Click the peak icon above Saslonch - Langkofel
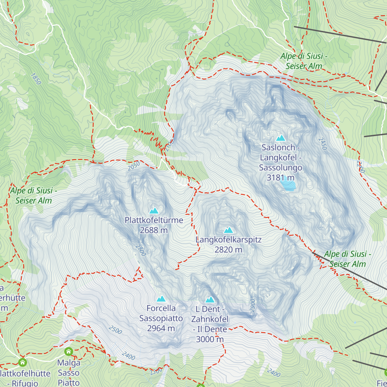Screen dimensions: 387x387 (x=281, y=138)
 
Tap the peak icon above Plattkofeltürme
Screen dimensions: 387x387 (x=154, y=211)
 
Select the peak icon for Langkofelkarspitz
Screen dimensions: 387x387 (x=228, y=230)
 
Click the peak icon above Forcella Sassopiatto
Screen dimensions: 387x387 (x=161, y=299)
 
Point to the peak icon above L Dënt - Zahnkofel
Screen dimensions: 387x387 (x=210, y=300)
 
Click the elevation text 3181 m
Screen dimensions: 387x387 (x=280, y=178)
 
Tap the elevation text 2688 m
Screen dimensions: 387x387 (x=154, y=230)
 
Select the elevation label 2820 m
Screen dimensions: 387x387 (x=228, y=250)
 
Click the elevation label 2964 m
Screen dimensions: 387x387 (x=161, y=328)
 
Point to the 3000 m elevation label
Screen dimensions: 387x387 (x=210, y=339)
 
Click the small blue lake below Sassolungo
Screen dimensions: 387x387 (x=288, y=185)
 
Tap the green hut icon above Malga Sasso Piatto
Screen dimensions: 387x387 (x=68, y=351)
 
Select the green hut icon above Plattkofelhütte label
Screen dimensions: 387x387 (x=22, y=362)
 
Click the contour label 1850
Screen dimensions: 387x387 (x=36, y=79)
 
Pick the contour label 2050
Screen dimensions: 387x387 (x=134, y=166)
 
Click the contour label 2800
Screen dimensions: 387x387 (x=141, y=250)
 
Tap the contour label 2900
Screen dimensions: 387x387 (x=253, y=305)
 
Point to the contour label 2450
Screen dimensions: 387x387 (x=322, y=144)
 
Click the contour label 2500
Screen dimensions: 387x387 (x=115, y=330)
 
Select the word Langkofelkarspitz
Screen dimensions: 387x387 (x=228, y=240)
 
